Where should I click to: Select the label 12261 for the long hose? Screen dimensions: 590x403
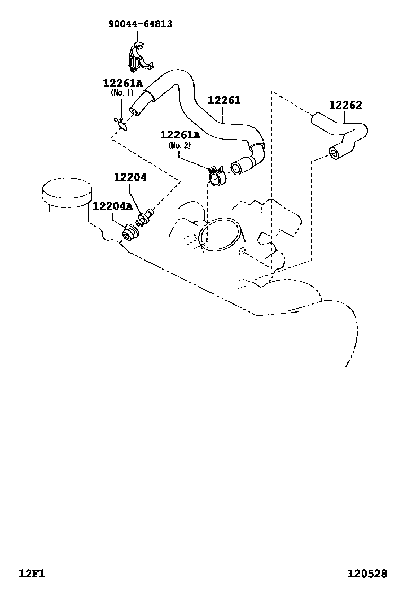click(x=224, y=100)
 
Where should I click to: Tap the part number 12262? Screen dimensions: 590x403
click(x=345, y=105)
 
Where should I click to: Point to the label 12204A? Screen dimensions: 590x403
click(x=113, y=206)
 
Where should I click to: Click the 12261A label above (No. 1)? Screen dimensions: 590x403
click(x=122, y=83)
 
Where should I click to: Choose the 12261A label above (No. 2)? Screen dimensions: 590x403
click(x=180, y=135)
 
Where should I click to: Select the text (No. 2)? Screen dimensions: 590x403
click(x=179, y=145)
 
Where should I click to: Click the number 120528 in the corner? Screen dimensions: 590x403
click(x=367, y=574)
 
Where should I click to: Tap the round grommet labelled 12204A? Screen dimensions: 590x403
click(x=129, y=232)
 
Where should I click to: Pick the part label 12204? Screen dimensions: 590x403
click(x=130, y=178)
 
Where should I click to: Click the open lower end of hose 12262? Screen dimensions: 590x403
click(x=334, y=153)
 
